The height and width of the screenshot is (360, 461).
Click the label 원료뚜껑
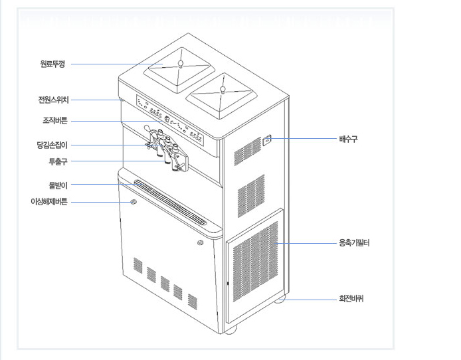pyautogui.click(x=52, y=64)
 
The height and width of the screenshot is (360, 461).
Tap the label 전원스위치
pyautogui.click(x=53, y=100)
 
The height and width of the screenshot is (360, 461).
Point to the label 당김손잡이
pyautogui.click(x=52, y=144)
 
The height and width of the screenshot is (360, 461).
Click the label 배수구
pyautogui.click(x=348, y=139)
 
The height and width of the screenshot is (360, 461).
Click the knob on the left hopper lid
pyautogui.click(x=180, y=64)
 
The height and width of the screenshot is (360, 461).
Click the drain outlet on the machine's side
pyautogui.click(x=268, y=139)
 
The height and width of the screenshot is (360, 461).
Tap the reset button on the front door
pyautogui.click(x=134, y=202)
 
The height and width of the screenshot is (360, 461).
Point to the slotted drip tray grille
pyautogui.click(x=175, y=199)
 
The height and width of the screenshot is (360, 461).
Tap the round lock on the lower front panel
pyautogui.click(x=200, y=242)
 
